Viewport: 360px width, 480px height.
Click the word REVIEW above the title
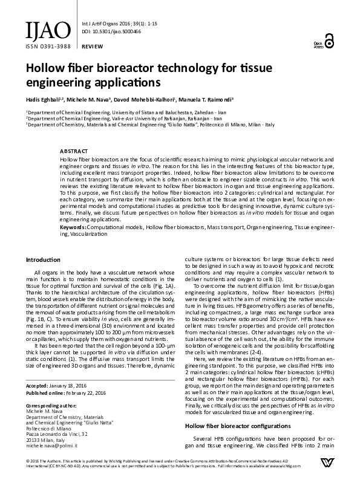coord(91,46)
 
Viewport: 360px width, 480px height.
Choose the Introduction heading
coord(42,259)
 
